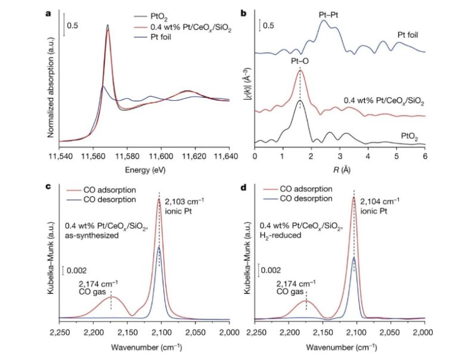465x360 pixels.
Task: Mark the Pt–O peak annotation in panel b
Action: (300, 61)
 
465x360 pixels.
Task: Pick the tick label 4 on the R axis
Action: (368, 156)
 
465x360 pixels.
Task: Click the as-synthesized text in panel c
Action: (95, 236)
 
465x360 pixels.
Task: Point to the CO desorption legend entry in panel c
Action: (107, 198)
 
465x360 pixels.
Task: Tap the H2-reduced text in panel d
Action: (284, 236)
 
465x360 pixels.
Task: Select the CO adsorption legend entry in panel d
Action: (300, 188)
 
